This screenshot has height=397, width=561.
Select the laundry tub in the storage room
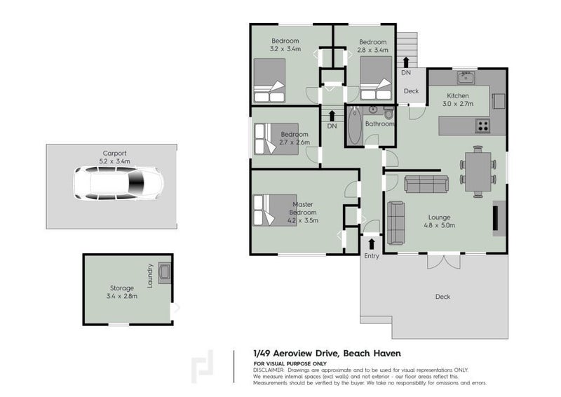(165, 271)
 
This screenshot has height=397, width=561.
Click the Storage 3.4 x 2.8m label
(123, 292)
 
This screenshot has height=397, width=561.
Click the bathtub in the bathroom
(354, 126)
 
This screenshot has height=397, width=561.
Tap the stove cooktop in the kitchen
(483, 126)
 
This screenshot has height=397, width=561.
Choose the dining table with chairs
(478, 169)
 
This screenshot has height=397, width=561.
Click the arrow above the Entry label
(371, 243)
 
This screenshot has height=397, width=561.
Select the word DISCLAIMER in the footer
(269, 370)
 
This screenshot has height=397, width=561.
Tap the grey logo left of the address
(205, 366)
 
